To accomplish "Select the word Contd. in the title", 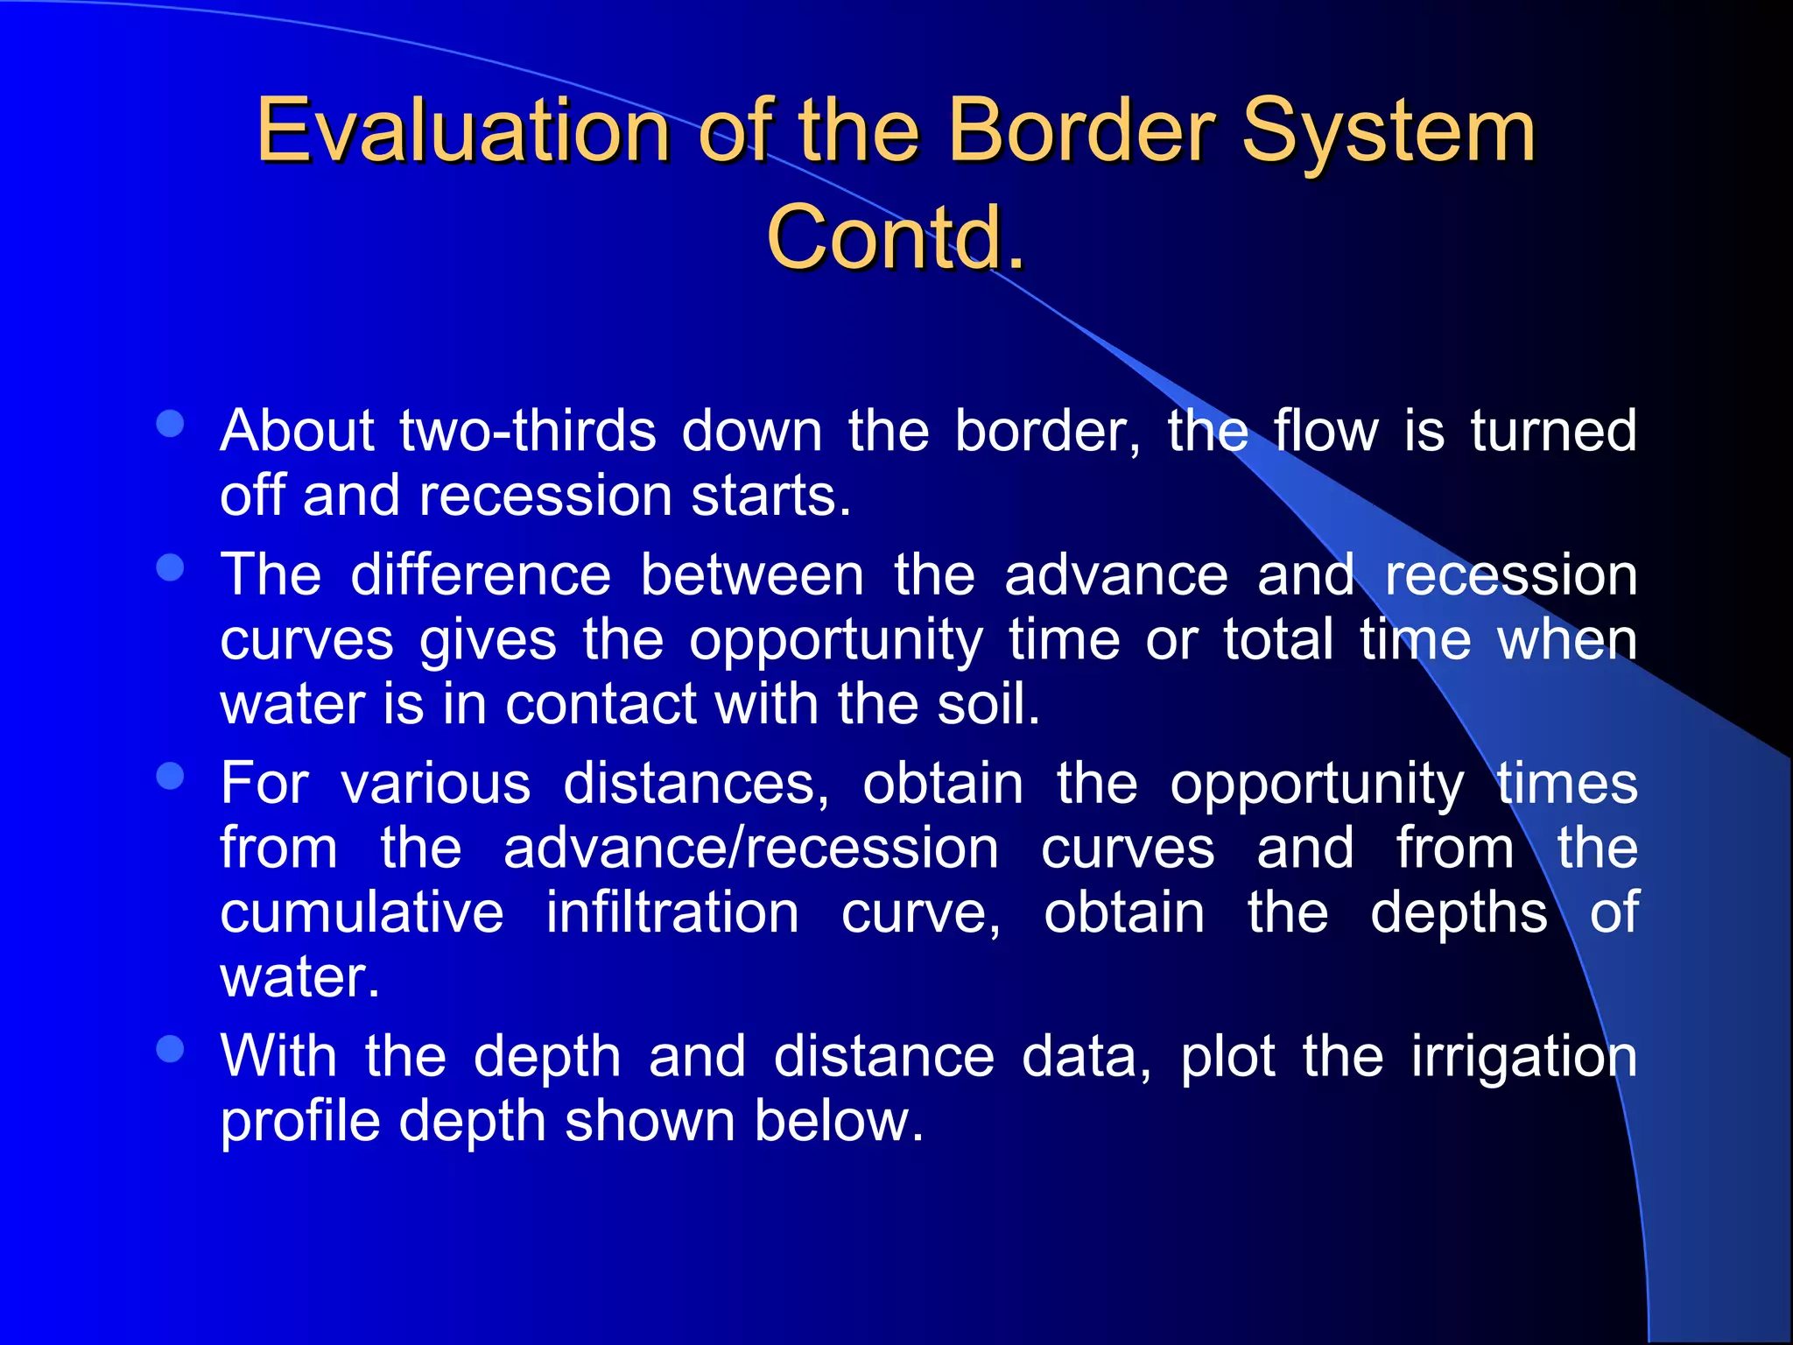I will click(x=895, y=236).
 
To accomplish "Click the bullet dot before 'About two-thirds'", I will click(x=170, y=425).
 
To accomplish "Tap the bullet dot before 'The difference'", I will click(x=170, y=568).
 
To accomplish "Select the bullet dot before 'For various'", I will click(x=170, y=777).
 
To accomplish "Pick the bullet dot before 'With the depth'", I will click(x=170, y=1049).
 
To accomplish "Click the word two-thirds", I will click(x=527, y=431).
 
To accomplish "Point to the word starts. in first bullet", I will click(x=770, y=496).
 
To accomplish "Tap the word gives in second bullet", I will click(x=488, y=640).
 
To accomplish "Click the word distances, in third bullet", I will click(x=696, y=783).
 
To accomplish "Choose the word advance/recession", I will click(x=750, y=848).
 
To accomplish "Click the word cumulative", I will click(x=362, y=912).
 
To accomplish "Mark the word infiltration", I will click(x=671, y=912).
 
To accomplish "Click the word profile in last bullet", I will click(x=299, y=1121).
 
